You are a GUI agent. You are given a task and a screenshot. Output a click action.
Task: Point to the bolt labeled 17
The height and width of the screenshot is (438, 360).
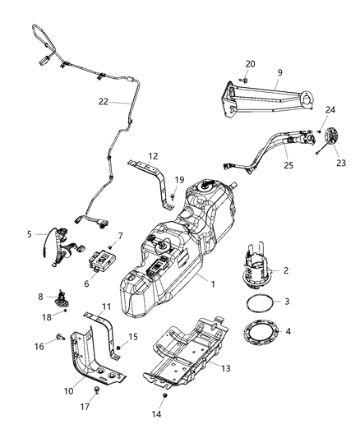tap(98, 391)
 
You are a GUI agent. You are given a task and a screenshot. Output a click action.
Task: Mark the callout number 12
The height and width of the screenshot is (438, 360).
tap(153, 155)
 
